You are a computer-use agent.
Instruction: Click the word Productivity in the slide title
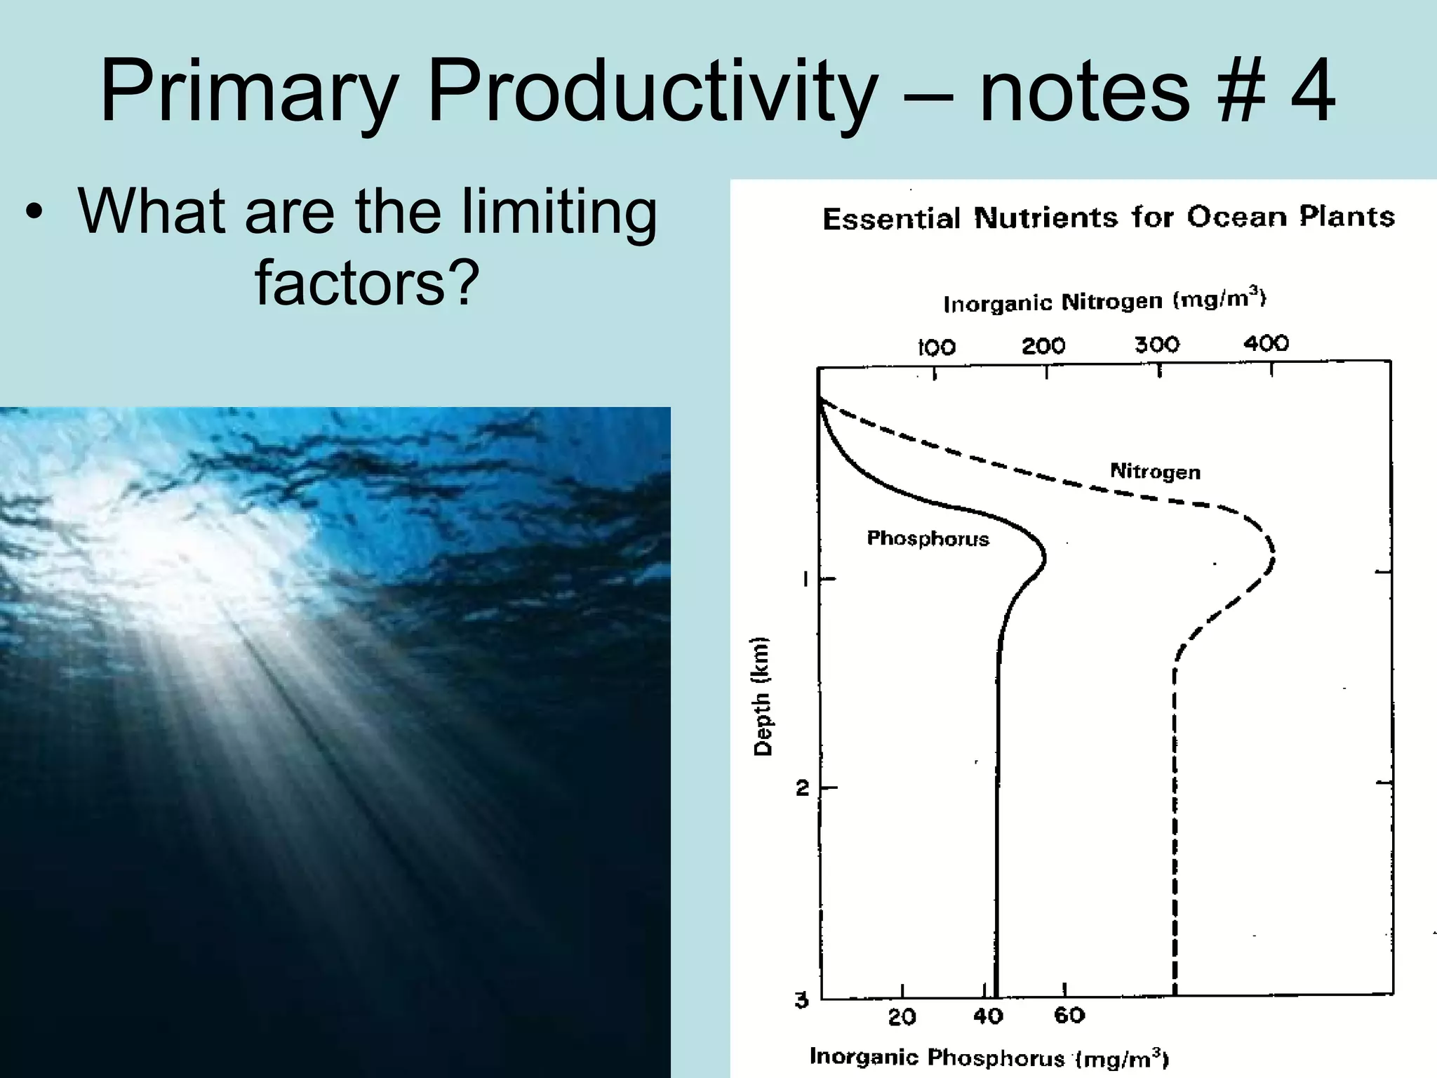pos(653,93)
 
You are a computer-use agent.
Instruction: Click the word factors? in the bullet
pos(367,282)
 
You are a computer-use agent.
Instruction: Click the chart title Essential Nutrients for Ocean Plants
pos(1108,218)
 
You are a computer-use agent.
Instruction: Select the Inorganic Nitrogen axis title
pos(1104,301)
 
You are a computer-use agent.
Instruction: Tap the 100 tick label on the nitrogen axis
pos(937,347)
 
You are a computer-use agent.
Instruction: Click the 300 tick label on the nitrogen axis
pos(1157,345)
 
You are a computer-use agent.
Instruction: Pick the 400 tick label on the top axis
pos(1266,343)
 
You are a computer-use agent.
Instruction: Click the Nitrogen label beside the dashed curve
pos(1155,471)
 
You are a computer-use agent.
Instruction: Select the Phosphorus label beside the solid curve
pos(928,538)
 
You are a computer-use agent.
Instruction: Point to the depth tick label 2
pos(803,788)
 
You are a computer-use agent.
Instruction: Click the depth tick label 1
pos(806,580)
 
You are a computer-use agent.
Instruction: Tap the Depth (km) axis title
pos(762,696)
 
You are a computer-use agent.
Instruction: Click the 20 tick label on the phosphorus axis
pos(902,1017)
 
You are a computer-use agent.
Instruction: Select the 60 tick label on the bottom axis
pos(1069,1016)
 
